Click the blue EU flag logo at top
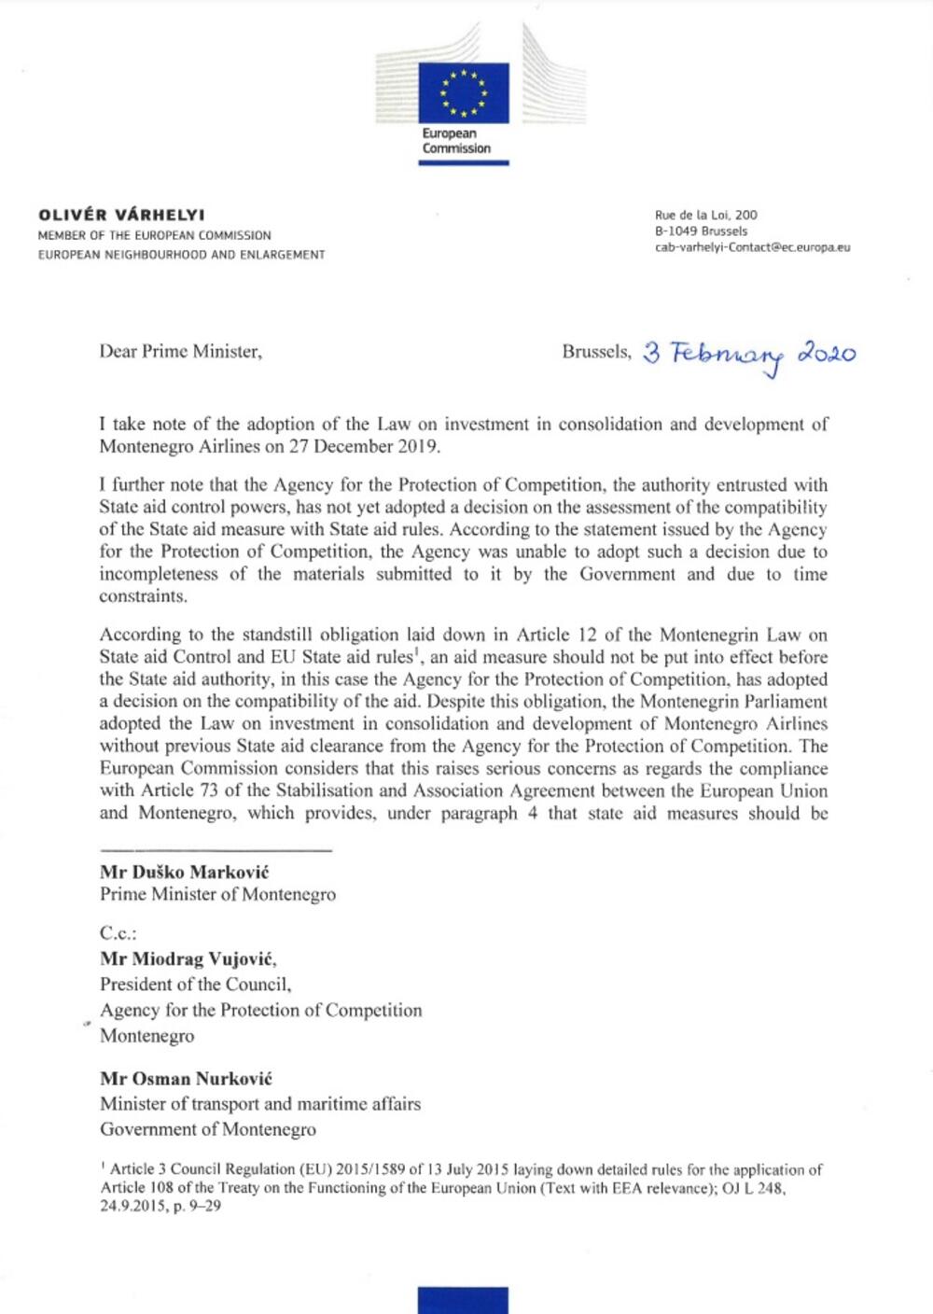click(464, 92)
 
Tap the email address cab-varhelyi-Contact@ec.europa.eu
click(752, 247)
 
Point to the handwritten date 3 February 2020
click(749, 354)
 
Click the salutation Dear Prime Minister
click(180, 352)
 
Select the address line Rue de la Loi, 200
click(706, 215)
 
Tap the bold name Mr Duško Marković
click(185, 872)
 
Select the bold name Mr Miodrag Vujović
click(188, 958)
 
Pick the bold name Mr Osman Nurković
click(186, 1078)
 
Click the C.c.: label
click(118, 932)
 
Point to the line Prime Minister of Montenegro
click(217, 894)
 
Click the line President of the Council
click(196, 984)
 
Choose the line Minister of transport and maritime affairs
click(260, 1103)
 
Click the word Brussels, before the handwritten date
click(596, 352)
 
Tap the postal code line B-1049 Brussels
click(701, 231)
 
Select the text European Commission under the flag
click(456, 141)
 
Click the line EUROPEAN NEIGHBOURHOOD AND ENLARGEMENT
click(181, 254)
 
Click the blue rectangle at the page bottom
click(464, 1300)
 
